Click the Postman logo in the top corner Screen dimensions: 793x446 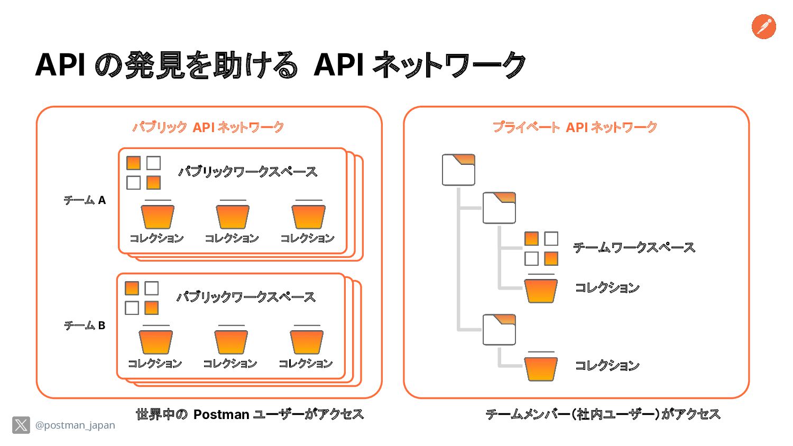tap(763, 26)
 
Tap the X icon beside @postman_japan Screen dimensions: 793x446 tap(21, 425)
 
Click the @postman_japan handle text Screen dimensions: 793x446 tap(75, 425)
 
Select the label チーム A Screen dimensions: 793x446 tap(85, 200)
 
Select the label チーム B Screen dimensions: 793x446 tap(85, 326)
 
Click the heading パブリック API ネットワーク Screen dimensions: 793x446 tap(208, 127)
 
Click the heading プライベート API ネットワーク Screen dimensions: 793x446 tap(575, 127)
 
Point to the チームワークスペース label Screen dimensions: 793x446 tap(634, 247)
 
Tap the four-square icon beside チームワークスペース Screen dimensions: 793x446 tap(541, 248)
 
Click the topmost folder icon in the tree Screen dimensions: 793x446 tap(458, 170)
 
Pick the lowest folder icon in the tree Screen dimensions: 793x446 tap(499, 330)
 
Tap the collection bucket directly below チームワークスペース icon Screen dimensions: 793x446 tap(541, 289)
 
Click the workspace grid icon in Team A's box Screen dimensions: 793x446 tap(143, 173)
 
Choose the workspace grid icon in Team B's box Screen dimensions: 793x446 tap(142, 298)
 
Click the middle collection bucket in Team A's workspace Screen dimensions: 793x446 tap(233, 215)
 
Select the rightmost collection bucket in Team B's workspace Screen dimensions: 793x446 tap(307, 340)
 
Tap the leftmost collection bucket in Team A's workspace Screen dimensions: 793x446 tap(158, 215)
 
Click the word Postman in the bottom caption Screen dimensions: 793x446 tap(222, 414)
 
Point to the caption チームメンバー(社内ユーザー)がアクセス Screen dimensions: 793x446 tap(603, 414)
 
